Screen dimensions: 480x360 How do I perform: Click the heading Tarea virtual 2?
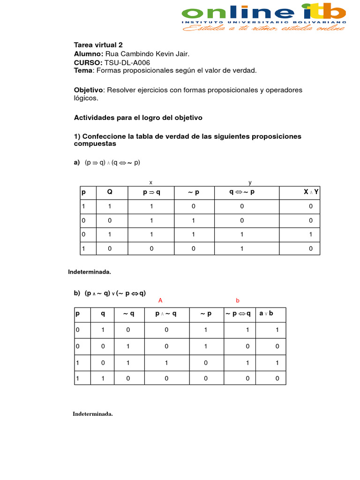pos(98,45)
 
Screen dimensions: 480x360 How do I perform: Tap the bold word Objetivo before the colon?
pos(88,90)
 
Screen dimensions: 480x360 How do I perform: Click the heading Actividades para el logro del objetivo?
pos(138,118)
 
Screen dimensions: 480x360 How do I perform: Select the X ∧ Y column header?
pos(311,192)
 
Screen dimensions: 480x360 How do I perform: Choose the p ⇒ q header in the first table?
pos(151,192)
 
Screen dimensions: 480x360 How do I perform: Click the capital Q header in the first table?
pos(110,192)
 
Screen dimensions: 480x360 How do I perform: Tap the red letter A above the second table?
pos(160,300)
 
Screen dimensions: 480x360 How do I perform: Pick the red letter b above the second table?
pos(238,300)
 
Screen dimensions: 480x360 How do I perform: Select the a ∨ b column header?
pos(266,314)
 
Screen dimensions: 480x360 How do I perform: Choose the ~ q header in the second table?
pos(128,314)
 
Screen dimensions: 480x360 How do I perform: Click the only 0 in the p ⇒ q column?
pos(151,249)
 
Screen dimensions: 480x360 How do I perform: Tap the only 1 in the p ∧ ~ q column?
pos(166,362)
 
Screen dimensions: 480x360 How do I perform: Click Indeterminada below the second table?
pos(93,414)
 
